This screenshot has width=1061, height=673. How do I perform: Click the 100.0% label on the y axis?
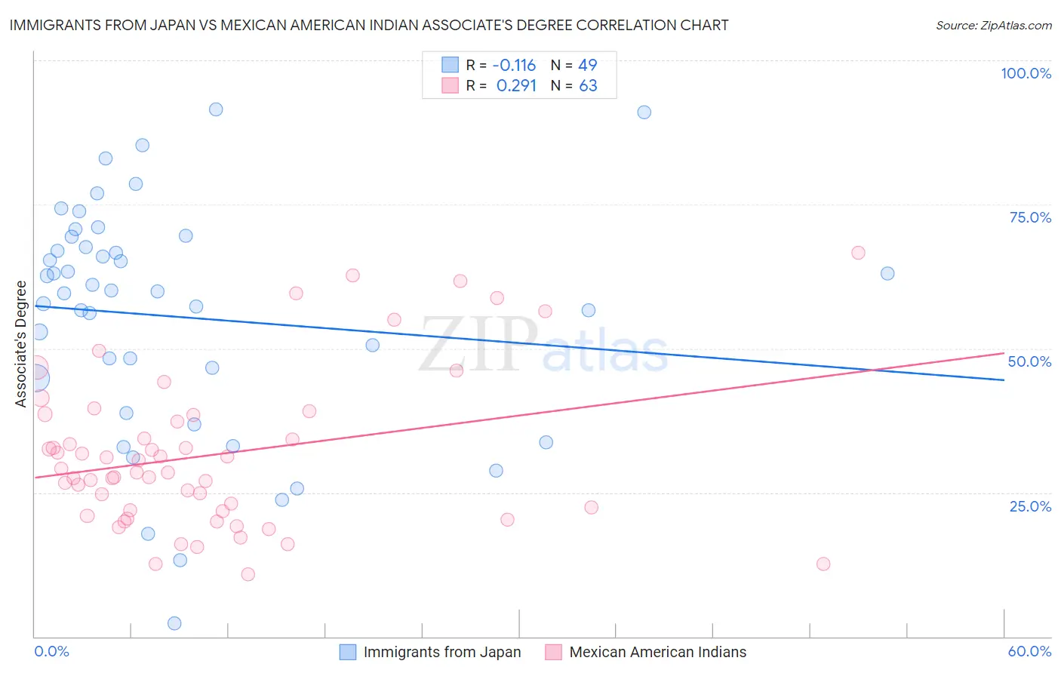pyautogui.click(x=1026, y=73)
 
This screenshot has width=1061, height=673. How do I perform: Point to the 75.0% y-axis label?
pyautogui.click(x=1030, y=217)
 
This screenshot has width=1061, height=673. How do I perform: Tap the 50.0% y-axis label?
pyautogui.click(x=1029, y=361)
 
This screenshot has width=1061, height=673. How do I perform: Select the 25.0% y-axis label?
pyautogui.click(x=1030, y=506)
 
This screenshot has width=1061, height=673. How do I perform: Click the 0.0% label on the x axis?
pyautogui.click(x=52, y=651)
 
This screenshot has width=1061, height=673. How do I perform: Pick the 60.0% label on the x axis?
pyautogui.click(x=1029, y=651)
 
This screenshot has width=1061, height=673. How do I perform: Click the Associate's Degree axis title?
pyautogui.click(x=21, y=344)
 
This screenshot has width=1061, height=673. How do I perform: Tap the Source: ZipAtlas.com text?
pyautogui.click(x=993, y=26)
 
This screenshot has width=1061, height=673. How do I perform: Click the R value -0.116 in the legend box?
pyautogui.click(x=514, y=65)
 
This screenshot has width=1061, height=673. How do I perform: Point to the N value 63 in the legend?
pyautogui.click(x=588, y=86)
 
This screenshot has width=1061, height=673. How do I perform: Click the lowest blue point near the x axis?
pyautogui.click(x=174, y=623)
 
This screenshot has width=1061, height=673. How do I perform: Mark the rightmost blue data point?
pyautogui.click(x=887, y=273)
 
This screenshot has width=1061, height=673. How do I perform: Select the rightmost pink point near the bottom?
pyautogui.click(x=823, y=564)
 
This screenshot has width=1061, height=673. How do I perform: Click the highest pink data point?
pyautogui.click(x=858, y=253)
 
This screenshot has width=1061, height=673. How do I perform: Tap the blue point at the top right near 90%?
pyautogui.click(x=644, y=112)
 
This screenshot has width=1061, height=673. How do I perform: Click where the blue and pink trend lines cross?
pyautogui.click(x=872, y=370)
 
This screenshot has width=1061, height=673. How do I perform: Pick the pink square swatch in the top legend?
pyautogui.click(x=450, y=85)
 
